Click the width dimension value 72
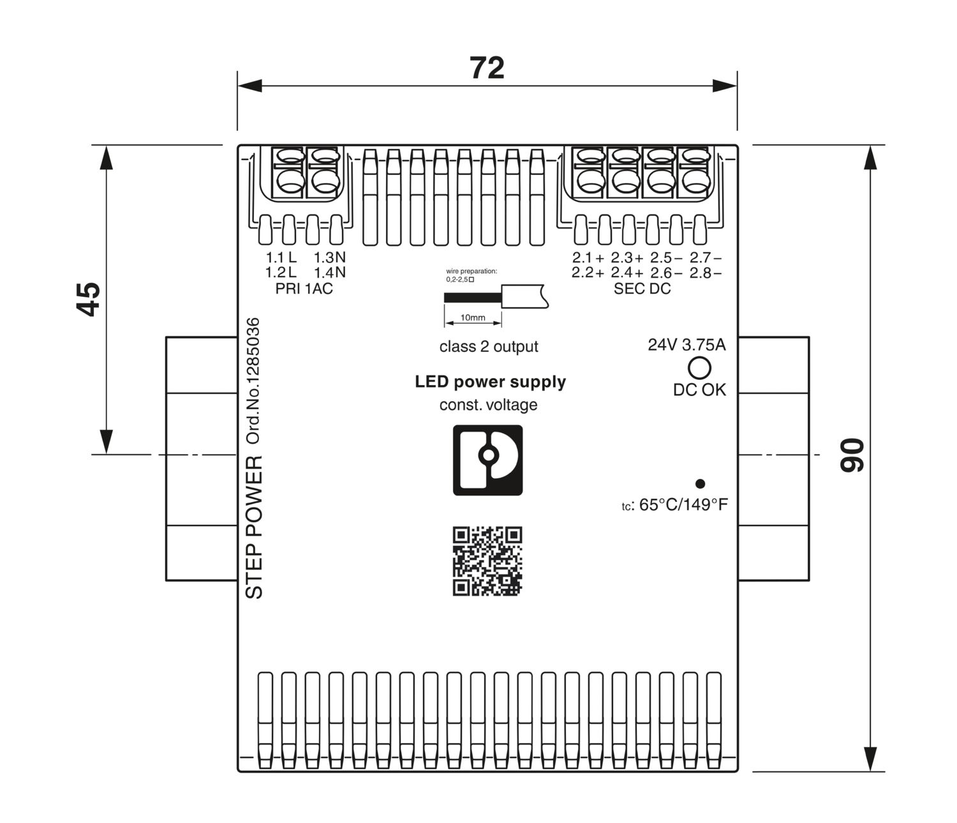pos(487,68)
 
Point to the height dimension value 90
pos(852,455)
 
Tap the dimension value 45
pos(89,299)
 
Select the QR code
pos(487,561)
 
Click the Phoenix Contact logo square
pos(487,460)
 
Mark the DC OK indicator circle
pos(699,368)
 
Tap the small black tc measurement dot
pos(700,484)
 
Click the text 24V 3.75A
pos(686,345)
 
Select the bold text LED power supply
pos(490,382)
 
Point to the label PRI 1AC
pos(304,289)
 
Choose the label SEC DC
pos(642,289)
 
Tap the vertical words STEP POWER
pos(254,527)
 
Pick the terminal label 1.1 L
pos(281,258)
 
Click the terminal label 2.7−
pos(706,258)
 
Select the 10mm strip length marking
pos(473,317)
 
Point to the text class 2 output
pos(489,347)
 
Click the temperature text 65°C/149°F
pos(683,505)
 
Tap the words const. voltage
pos(488,405)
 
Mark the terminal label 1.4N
pos(330,273)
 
